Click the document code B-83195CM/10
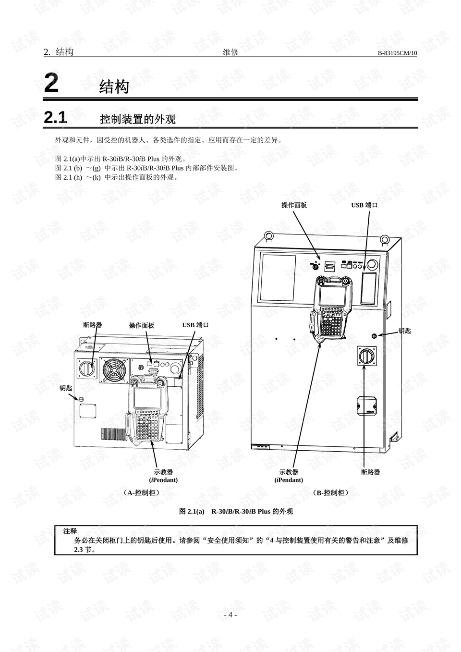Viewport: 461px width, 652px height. tap(397, 53)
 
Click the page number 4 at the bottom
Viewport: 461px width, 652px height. tap(230, 615)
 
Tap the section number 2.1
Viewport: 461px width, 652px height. tap(55, 118)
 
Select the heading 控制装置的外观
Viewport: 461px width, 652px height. tap(137, 119)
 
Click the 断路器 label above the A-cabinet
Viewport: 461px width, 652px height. tap(93, 325)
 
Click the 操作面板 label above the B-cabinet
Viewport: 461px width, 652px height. tap(294, 205)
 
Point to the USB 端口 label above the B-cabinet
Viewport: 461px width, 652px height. tap(364, 205)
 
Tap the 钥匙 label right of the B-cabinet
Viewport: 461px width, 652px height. tap(404, 331)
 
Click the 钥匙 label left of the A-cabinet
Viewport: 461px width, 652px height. tap(66, 388)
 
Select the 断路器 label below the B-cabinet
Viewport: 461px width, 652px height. tap(370, 472)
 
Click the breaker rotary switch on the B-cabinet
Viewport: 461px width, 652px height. tap(367, 357)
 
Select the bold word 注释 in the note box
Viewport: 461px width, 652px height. tap(70, 531)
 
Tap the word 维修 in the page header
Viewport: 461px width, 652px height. tap(230, 52)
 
